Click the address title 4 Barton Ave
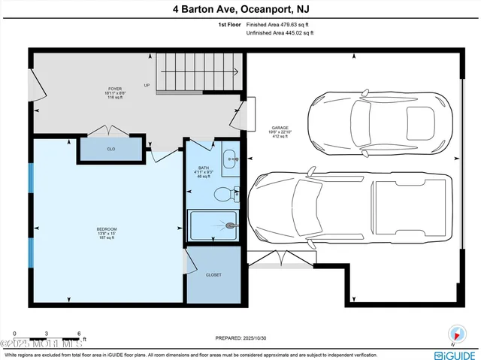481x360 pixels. click(x=240, y=9)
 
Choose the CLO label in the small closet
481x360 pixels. click(x=110, y=150)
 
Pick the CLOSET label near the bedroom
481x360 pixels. click(x=213, y=275)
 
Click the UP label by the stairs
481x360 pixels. click(x=147, y=85)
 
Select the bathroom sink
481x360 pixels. click(x=230, y=159)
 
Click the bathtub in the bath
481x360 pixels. click(x=213, y=225)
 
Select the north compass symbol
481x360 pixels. click(x=455, y=334)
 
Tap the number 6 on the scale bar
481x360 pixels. click(x=79, y=333)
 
